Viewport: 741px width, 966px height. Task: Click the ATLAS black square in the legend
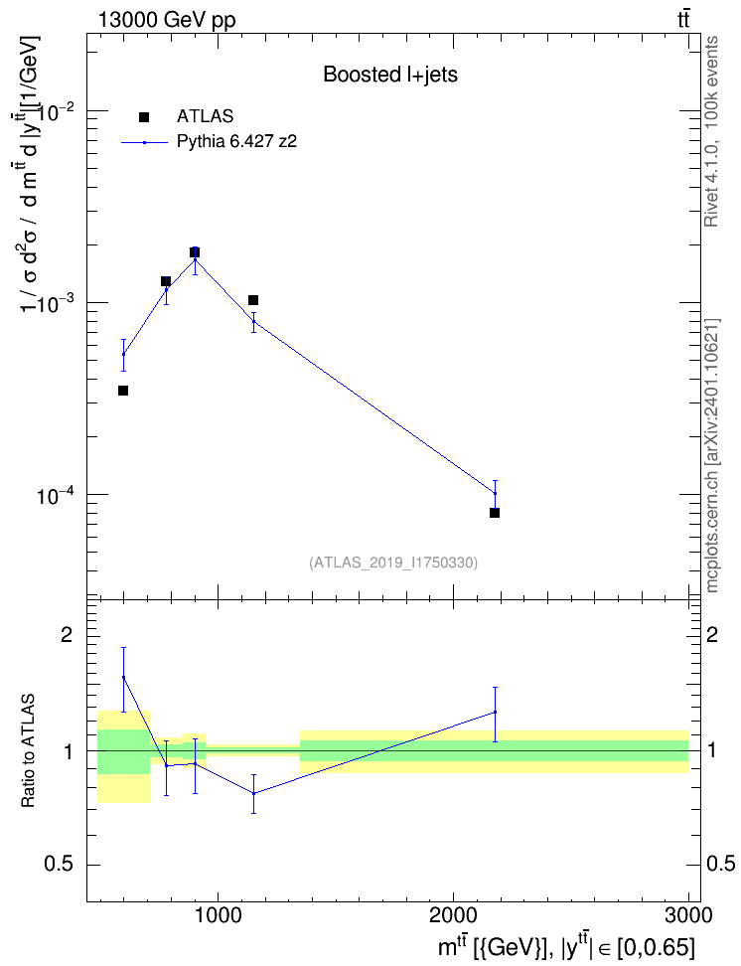[x=144, y=116]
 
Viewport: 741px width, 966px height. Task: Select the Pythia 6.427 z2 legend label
[x=236, y=142]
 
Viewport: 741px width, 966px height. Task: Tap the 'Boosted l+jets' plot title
[x=390, y=75]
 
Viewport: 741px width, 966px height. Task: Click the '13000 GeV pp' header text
[x=167, y=20]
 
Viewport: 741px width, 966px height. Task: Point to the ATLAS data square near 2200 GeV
[x=495, y=513]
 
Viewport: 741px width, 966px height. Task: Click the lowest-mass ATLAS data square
[x=123, y=391]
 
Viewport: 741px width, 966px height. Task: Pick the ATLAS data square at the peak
[x=195, y=252]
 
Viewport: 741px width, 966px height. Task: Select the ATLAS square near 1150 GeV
[x=253, y=300]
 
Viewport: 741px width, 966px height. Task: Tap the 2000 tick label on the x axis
[x=453, y=915]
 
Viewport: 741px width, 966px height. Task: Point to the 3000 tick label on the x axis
[x=688, y=915]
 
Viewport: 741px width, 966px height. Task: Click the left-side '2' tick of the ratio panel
[x=67, y=635]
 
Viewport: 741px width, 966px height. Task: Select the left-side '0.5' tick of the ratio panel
[x=59, y=865]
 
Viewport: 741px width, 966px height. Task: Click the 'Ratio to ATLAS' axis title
[x=28, y=751]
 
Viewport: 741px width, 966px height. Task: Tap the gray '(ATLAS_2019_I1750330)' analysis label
[x=393, y=563]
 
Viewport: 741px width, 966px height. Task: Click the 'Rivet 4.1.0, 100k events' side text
[x=711, y=131]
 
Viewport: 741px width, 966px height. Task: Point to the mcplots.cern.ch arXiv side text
[x=712, y=455]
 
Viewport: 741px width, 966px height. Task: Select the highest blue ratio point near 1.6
[x=124, y=677]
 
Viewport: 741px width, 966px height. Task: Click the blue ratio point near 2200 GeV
[x=495, y=713]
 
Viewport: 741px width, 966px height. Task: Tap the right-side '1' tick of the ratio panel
[x=712, y=751]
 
